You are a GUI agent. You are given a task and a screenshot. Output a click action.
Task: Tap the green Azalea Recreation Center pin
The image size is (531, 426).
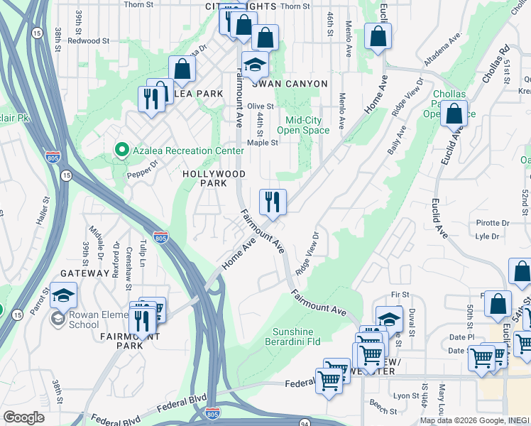pyautogui.click(x=121, y=151)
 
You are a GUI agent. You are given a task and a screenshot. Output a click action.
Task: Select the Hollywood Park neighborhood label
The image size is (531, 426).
pyautogui.click(x=214, y=178)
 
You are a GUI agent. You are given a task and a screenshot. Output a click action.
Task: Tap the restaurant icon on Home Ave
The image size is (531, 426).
pyautogui.click(x=273, y=202)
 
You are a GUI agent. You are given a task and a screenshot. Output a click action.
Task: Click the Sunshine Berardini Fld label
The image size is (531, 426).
pyautogui.click(x=297, y=337)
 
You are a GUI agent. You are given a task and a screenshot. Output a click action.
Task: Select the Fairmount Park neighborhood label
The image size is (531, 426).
pyautogui.click(x=131, y=341)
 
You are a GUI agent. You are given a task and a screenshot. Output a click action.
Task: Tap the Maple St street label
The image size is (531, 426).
pyautogui.click(x=263, y=142)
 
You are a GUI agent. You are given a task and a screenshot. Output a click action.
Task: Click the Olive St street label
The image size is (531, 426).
pyautogui.click(x=261, y=106)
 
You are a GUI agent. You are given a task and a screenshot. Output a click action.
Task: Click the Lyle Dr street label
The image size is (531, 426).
pyautogui.click(x=488, y=236)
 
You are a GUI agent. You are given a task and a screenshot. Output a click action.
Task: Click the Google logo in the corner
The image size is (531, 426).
pyautogui.click(x=23, y=417)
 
